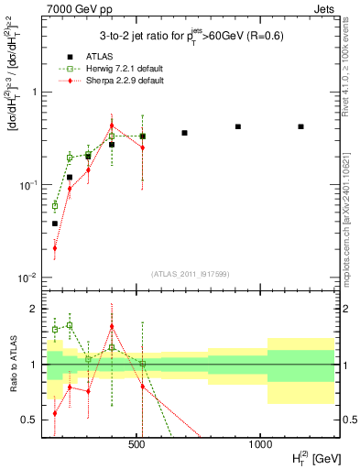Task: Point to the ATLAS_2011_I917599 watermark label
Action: [x=190, y=274]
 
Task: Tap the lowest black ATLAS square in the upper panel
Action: [x=55, y=224]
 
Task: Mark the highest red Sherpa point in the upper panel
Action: [x=112, y=125]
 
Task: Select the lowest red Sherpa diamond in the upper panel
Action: [x=55, y=247]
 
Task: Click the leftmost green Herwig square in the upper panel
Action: [x=55, y=206]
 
